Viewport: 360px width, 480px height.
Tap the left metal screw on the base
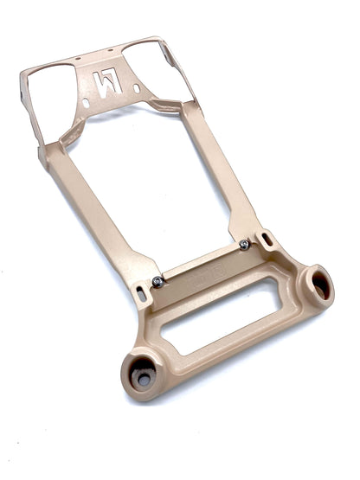tap(157, 281)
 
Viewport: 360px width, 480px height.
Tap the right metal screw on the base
tap(245, 245)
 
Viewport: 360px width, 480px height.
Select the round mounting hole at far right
tap(320, 285)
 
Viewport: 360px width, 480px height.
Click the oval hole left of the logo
tap(86, 103)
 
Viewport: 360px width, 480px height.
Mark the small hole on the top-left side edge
tap(22, 90)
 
